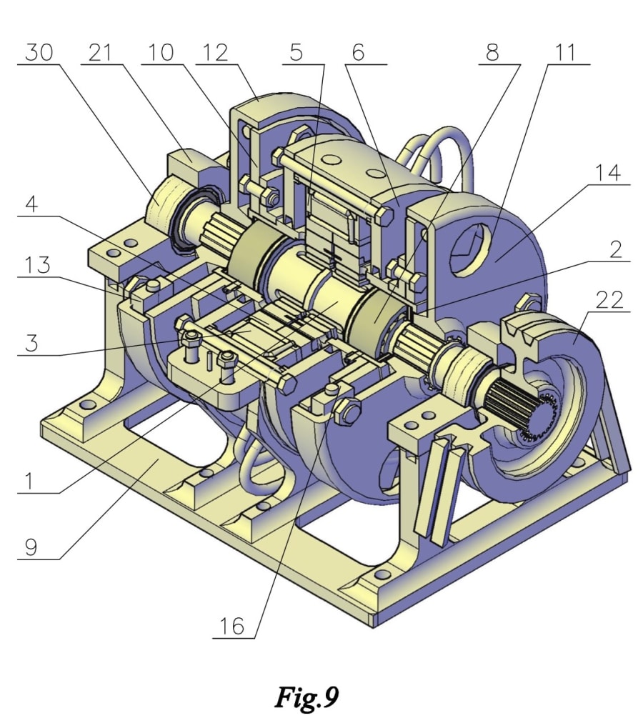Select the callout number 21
pos(104,53)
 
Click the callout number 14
pos(607,174)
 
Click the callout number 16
pos(232,627)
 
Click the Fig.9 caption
pos(306,697)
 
